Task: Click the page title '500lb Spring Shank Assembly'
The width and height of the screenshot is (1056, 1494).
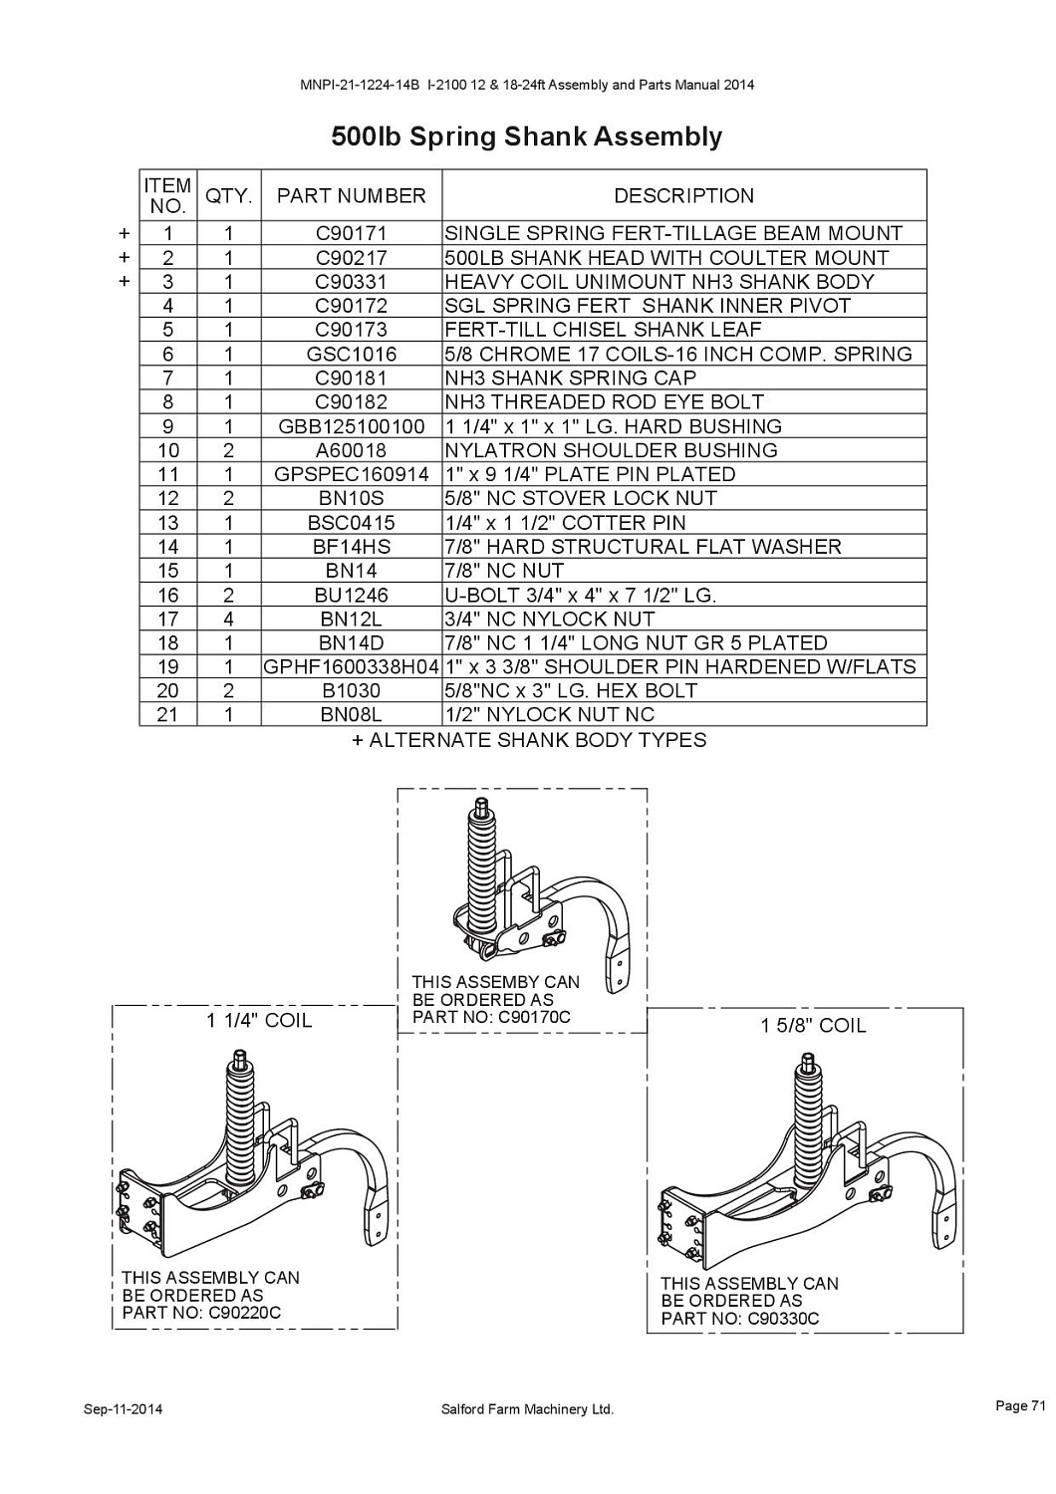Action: click(x=526, y=136)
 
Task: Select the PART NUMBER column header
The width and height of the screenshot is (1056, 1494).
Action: click(x=351, y=195)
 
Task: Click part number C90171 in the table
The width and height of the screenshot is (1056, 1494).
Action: click(x=351, y=233)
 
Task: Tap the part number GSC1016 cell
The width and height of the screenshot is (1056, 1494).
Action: click(x=351, y=354)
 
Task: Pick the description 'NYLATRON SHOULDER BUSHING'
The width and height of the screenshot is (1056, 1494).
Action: click(x=611, y=450)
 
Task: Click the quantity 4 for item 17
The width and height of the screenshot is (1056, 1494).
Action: click(x=228, y=619)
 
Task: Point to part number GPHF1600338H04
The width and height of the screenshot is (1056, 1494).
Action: click(x=351, y=667)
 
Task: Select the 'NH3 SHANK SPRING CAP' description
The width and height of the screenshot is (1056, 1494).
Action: click(x=571, y=378)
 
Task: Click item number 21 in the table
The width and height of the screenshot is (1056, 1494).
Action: click(x=167, y=715)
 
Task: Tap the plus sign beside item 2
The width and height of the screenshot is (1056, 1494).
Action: click(x=125, y=257)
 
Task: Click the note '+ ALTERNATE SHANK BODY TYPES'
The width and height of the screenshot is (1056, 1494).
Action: click(x=529, y=740)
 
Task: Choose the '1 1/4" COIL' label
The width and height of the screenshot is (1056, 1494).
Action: click(x=259, y=1021)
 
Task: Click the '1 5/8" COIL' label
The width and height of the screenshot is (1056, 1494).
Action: click(x=813, y=1026)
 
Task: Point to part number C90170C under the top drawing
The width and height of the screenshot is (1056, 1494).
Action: click(x=534, y=1017)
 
